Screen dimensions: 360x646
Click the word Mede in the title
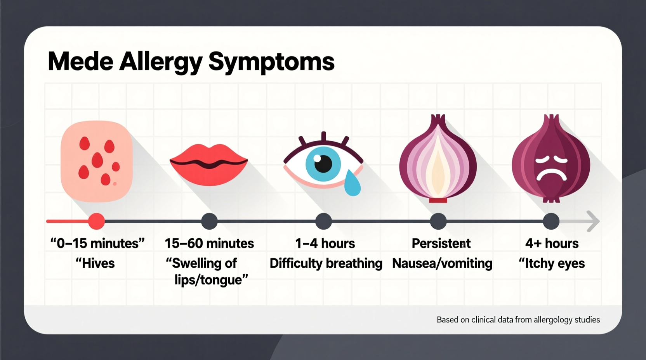point(80,61)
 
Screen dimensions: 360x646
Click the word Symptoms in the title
point(271,62)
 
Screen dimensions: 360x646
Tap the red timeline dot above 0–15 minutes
point(96,222)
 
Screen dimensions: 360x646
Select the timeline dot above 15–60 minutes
point(209,222)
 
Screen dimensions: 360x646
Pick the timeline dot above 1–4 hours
point(323,222)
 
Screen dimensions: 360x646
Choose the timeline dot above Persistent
point(438,222)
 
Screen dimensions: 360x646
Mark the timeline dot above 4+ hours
point(551,222)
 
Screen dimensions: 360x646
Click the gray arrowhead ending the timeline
point(593,222)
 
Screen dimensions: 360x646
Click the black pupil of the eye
point(323,163)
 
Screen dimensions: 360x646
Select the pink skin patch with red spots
point(97,161)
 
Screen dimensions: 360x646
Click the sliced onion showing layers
point(438,161)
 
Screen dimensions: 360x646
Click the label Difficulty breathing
point(326,263)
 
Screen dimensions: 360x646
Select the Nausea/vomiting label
point(442,263)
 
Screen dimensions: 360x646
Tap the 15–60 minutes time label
point(209,243)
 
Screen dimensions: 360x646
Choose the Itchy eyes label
point(552,263)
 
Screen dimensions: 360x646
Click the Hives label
point(95,263)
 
